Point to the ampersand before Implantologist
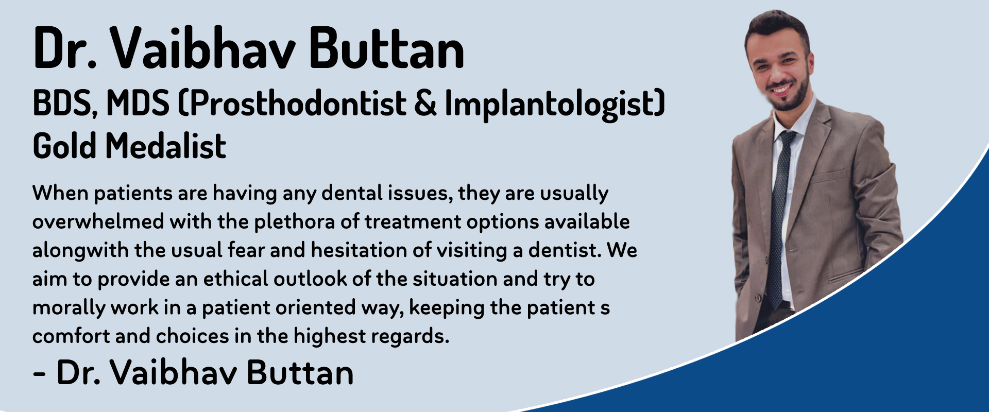(425, 103)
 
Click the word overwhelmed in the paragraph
(98, 221)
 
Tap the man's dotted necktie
(779, 216)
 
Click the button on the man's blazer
(759, 297)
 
